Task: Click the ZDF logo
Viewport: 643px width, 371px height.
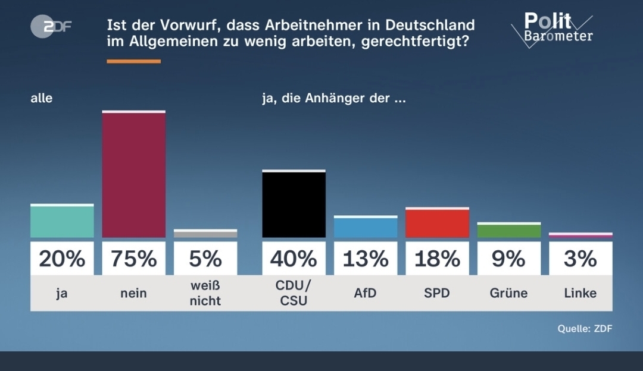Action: (51, 27)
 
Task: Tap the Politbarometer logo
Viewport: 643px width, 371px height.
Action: (551, 29)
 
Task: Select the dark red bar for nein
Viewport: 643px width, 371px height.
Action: (134, 174)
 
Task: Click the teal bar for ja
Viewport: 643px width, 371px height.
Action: (62, 221)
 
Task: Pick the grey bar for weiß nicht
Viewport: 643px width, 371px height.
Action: (205, 234)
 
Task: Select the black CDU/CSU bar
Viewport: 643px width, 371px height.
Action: (294, 204)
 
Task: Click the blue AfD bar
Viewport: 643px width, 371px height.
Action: (366, 227)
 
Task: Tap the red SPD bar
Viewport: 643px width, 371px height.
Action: (437, 223)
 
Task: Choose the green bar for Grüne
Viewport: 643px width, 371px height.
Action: (509, 231)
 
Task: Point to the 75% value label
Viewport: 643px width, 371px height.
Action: (134, 259)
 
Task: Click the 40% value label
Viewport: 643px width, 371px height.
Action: (294, 259)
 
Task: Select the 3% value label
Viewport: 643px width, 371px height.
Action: (580, 259)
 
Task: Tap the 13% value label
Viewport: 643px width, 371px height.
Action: (366, 259)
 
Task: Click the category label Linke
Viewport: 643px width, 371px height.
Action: (580, 293)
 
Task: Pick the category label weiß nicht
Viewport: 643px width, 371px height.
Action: (205, 293)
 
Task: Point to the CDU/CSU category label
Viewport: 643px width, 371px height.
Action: (294, 293)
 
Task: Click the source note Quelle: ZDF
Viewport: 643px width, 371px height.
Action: (585, 328)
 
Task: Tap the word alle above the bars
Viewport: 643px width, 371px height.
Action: (42, 98)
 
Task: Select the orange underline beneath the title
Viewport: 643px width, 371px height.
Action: (133, 61)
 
